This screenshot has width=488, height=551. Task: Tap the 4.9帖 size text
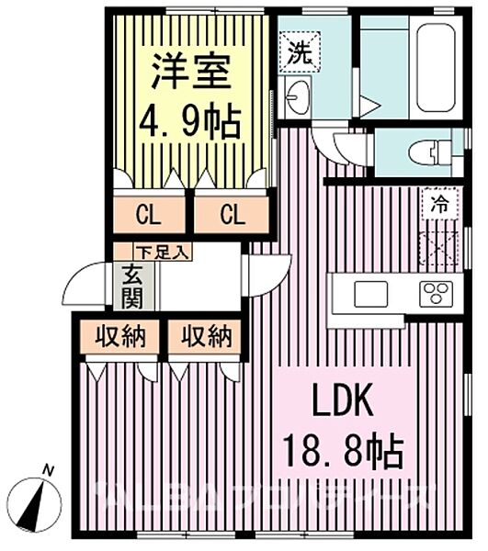pyautogui.click(x=189, y=122)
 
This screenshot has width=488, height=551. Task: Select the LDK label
pyautogui.click(x=344, y=401)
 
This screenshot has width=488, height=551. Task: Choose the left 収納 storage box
pyautogui.click(x=119, y=336)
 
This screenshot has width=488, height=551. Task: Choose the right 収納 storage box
pyautogui.click(x=205, y=336)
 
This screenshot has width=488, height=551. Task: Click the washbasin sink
pyautogui.click(x=298, y=95)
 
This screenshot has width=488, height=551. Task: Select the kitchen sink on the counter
pyautogui.click(x=372, y=296)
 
